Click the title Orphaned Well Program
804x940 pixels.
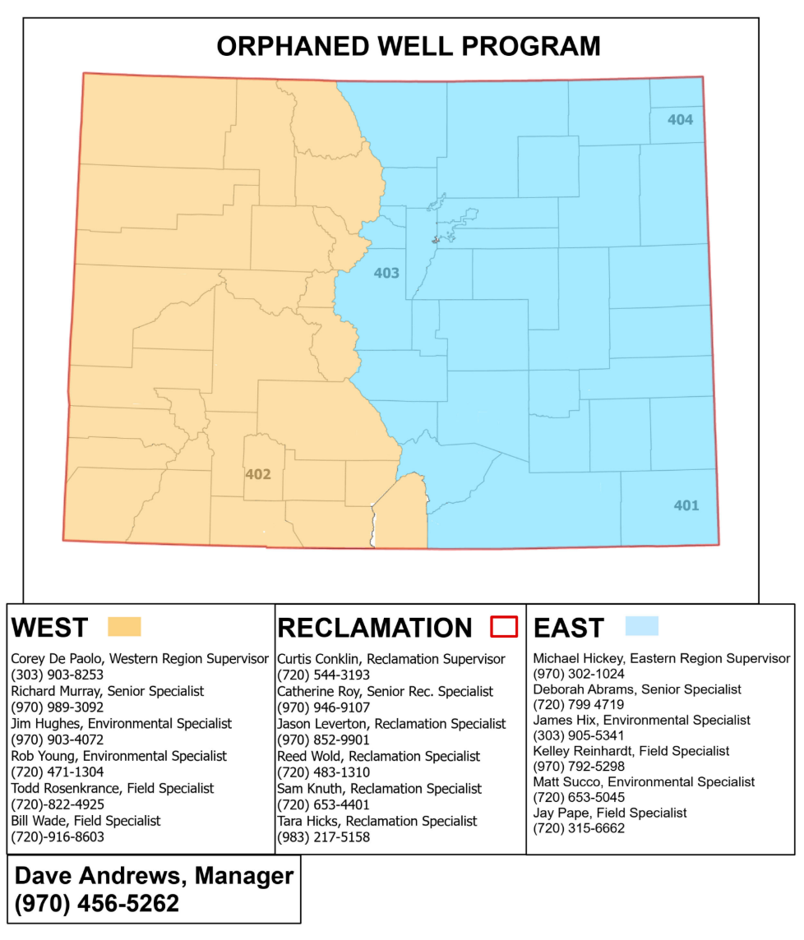pos(408,46)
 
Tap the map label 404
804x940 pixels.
pos(680,120)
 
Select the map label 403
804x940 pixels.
pos(386,273)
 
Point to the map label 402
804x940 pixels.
pos(257,474)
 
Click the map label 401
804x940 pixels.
pos(686,505)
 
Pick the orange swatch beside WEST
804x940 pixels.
pos(124,627)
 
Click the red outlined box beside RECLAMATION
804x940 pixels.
pos(503,627)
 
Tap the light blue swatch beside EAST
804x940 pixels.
pos(641,626)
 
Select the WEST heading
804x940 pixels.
pos(49,628)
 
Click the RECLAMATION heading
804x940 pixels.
pos(375,628)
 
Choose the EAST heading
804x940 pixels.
pos(568,628)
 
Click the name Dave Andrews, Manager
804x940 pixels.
pos(154,876)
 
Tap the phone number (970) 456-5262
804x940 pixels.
pos(97,904)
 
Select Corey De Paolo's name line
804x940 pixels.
pos(140,659)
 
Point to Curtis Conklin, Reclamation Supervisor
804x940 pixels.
pos(391,659)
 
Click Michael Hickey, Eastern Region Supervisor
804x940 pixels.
pos(662,658)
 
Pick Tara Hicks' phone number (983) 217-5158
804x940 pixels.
pos(324,837)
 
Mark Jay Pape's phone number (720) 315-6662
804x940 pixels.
pos(579,828)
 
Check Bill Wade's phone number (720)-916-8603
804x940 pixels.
pos(58,837)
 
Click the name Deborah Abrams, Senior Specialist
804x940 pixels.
pos(637,689)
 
